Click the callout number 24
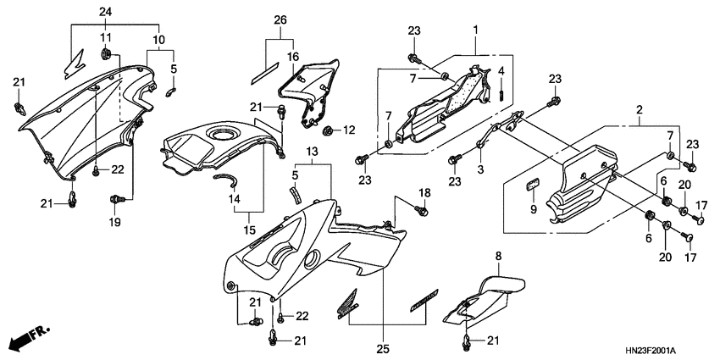tap(105, 11)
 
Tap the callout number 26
tap(280, 19)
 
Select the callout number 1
tap(476, 30)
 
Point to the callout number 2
tap(639, 110)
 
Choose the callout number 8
tap(498, 254)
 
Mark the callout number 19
tap(114, 222)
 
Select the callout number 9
tap(533, 209)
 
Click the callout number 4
tap(501, 70)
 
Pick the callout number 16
tap(292, 57)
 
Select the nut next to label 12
tap(327, 130)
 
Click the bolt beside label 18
tap(421, 209)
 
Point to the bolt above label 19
tap(115, 200)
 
